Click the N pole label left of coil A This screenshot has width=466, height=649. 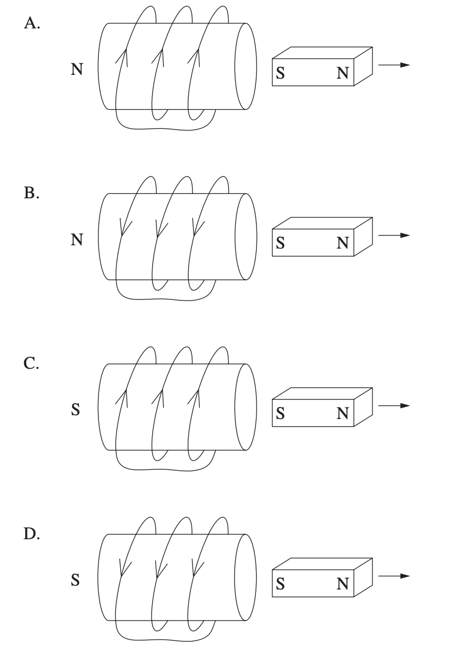(77, 70)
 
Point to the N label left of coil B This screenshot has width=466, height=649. (77, 240)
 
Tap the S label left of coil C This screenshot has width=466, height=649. (77, 410)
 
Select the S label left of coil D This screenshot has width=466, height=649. (77, 580)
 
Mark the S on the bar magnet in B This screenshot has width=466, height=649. (280, 244)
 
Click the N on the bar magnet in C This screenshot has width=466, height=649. (342, 415)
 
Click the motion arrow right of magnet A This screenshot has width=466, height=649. (394, 65)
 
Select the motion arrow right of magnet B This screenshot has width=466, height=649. (394, 235)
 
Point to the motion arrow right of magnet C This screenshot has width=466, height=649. (394, 406)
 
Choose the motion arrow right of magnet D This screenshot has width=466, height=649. (394, 576)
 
